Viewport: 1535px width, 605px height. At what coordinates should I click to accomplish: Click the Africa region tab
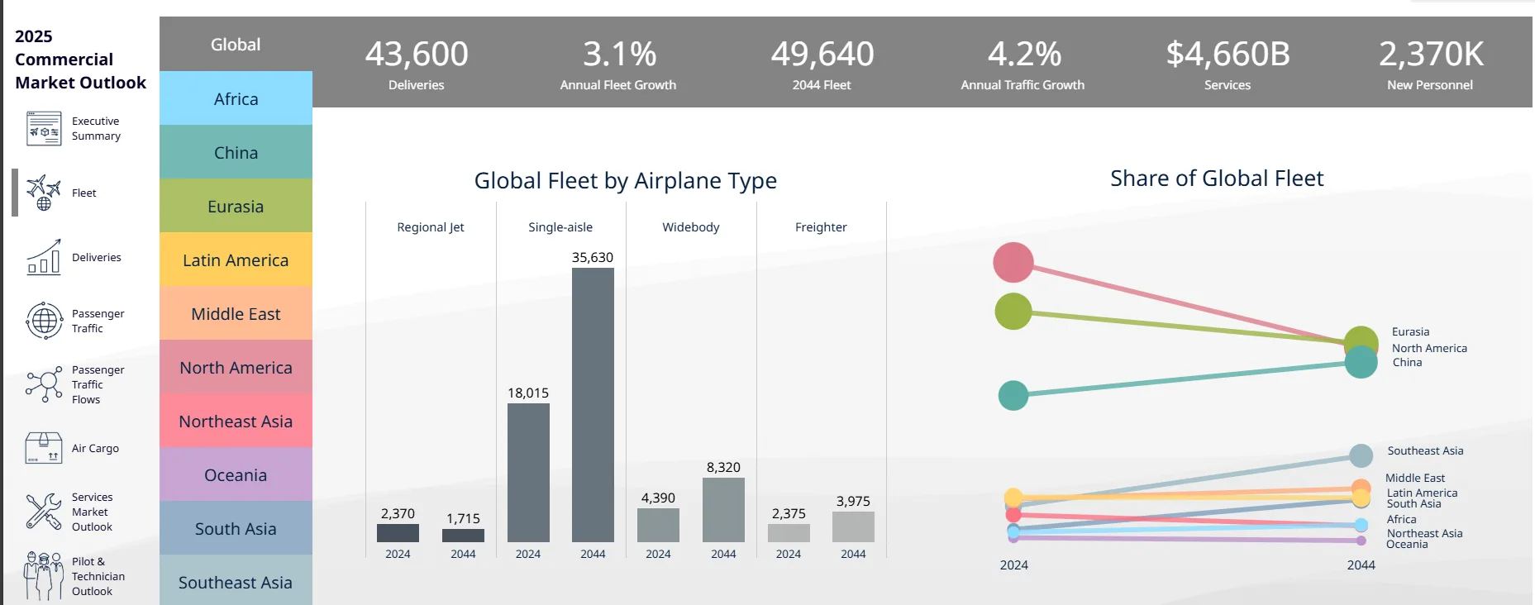coord(236,98)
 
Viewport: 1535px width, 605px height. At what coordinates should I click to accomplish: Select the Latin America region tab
coord(236,260)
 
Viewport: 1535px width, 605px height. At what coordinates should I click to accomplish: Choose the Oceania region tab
coord(236,474)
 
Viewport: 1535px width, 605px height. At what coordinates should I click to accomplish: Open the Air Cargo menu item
coord(95,448)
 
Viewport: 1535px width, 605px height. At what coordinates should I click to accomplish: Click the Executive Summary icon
coord(44,128)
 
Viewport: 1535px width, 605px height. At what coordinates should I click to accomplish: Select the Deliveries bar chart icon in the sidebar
coord(44,257)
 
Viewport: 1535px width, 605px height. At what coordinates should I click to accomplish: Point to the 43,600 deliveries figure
coord(417,54)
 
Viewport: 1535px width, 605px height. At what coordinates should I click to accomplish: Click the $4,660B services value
coord(1228,54)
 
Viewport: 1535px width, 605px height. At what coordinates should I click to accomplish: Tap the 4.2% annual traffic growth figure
coord(1024,54)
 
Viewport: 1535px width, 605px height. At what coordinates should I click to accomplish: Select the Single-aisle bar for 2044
coord(593,405)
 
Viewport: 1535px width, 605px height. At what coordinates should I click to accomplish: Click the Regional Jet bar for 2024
coord(398,533)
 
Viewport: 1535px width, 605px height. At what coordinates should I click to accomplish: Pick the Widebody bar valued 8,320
coord(723,510)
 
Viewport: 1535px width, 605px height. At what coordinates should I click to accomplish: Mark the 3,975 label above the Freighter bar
coord(853,501)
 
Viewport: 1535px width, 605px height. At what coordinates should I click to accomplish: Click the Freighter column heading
coord(821,226)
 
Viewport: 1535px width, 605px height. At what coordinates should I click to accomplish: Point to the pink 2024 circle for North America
coord(1013,263)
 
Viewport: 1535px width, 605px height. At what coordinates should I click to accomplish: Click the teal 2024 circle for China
coord(1013,396)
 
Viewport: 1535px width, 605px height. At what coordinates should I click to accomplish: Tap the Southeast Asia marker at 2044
coord(1361,455)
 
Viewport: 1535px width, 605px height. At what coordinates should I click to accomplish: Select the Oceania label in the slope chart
coord(1407,544)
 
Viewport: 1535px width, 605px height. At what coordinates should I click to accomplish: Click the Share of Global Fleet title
coord(1217,179)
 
